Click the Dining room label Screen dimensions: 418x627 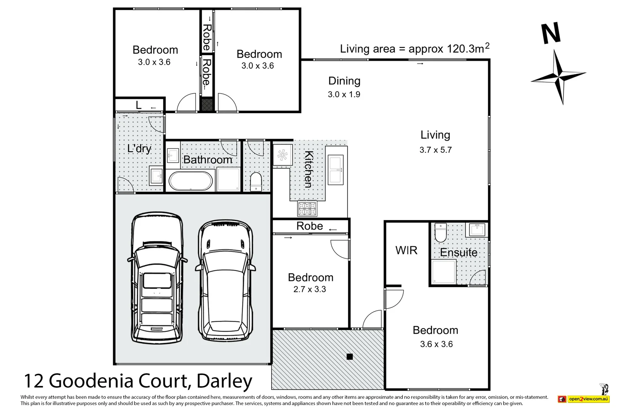pos(344,81)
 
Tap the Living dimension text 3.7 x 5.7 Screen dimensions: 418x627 pos(435,150)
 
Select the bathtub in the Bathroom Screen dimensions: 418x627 pos(190,181)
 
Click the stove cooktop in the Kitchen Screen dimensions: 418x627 pos(307,208)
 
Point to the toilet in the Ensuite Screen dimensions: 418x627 pos(440,233)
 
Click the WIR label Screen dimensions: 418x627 pos(406,251)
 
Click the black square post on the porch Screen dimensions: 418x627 pos(350,356)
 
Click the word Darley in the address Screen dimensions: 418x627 pos(225,381)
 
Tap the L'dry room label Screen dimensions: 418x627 pos(139,149)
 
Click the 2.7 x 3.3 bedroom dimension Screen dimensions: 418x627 pos(310,290)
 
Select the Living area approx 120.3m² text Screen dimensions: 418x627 pos(414,49)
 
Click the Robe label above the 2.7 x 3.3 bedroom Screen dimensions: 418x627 pos(310,226)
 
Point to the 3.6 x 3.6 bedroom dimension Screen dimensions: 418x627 pos(436,344)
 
